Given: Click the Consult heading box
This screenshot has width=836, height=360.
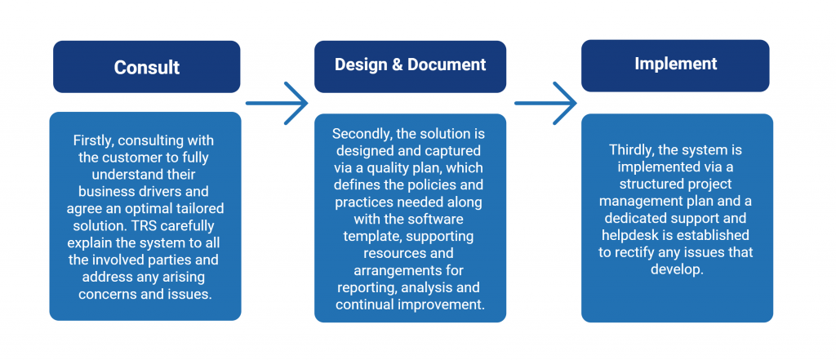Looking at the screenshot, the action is tap(147, 67).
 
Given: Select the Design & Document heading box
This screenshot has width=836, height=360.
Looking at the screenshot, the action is tap(410, 66).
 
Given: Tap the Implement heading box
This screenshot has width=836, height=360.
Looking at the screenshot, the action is tap(675, 65).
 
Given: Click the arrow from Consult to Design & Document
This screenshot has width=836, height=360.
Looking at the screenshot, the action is tap(277, 103).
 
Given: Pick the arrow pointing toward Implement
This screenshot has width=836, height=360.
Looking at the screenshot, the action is tap(545, 103).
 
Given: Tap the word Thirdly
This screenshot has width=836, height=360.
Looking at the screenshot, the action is tap(631, 150).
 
